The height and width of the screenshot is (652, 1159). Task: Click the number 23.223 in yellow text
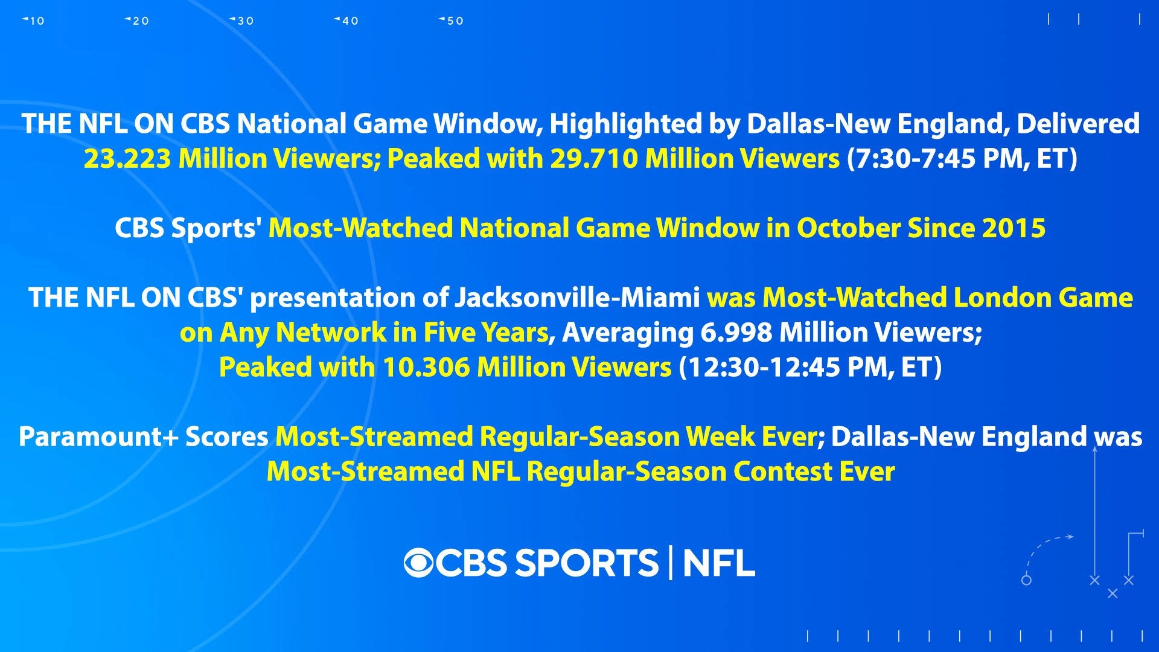127,159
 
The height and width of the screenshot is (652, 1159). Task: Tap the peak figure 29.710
593,159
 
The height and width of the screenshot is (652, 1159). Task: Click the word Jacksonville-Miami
576,298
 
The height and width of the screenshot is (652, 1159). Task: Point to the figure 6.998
736,333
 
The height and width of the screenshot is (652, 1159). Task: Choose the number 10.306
426,368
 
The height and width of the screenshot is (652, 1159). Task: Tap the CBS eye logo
420,563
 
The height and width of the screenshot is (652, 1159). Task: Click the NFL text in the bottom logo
719,563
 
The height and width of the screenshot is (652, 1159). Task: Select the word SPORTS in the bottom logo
586,563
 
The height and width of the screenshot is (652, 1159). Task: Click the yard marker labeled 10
34,21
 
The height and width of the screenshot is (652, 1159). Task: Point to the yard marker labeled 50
452,21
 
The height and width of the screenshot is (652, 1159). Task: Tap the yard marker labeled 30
242,21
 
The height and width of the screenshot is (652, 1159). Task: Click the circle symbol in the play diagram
1026,580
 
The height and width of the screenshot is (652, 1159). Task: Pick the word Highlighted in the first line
626,124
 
